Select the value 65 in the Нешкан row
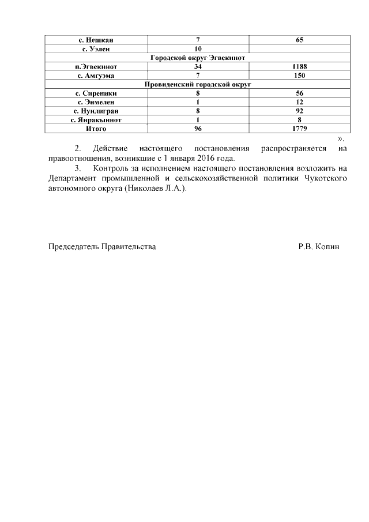click(299, 40)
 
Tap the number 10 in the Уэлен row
click(198, 49)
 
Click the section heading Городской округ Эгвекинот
click(198, 58)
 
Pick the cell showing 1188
click(299, 66)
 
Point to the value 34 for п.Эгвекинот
click(198, 66)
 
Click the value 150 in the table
click(299, 76)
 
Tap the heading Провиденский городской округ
click(198, 84)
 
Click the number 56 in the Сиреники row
click(299, 93)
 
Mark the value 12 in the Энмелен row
click(299, 102)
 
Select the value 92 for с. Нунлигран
click(299, 111)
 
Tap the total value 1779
click(299, 129)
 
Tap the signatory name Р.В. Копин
click(319, 246)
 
